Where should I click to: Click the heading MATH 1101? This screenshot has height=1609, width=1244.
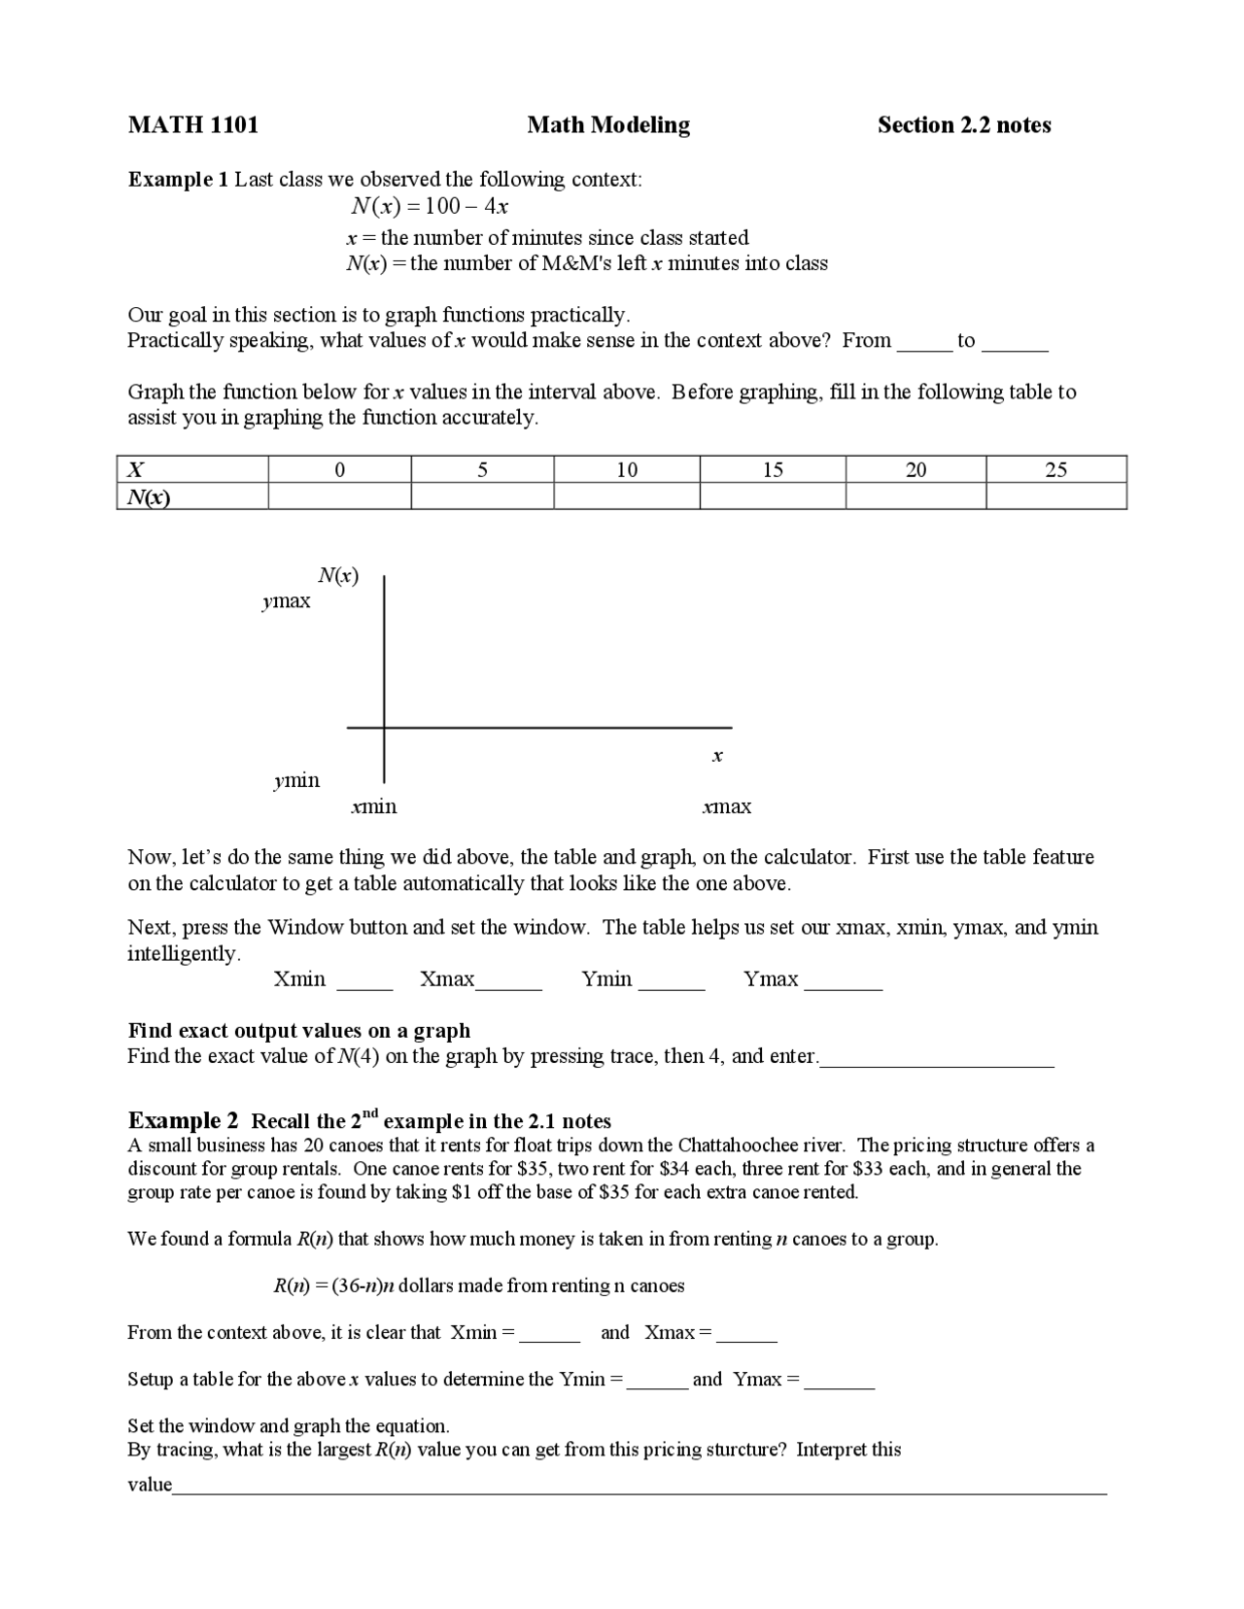193,124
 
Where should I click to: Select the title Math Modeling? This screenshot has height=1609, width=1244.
608,124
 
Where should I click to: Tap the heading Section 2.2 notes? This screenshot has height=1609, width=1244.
963,124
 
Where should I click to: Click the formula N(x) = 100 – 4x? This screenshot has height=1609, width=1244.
430,206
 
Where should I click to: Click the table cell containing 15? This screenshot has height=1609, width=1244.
773,470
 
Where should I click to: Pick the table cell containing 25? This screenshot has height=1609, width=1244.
1055,470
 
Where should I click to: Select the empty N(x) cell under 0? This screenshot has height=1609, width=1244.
339,496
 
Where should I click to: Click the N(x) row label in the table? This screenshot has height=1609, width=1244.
148,496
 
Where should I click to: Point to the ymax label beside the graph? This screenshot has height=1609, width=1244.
287,601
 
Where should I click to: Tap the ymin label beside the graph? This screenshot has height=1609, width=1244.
296,780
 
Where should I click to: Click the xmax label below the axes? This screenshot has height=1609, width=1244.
727,806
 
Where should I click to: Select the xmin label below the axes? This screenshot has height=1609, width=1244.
374,806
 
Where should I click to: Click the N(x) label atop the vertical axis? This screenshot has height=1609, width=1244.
338,576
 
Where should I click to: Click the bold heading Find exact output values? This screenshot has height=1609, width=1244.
299,1030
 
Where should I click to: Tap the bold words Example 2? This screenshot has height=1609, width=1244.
183,1120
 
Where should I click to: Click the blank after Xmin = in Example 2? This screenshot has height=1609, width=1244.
549,1334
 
